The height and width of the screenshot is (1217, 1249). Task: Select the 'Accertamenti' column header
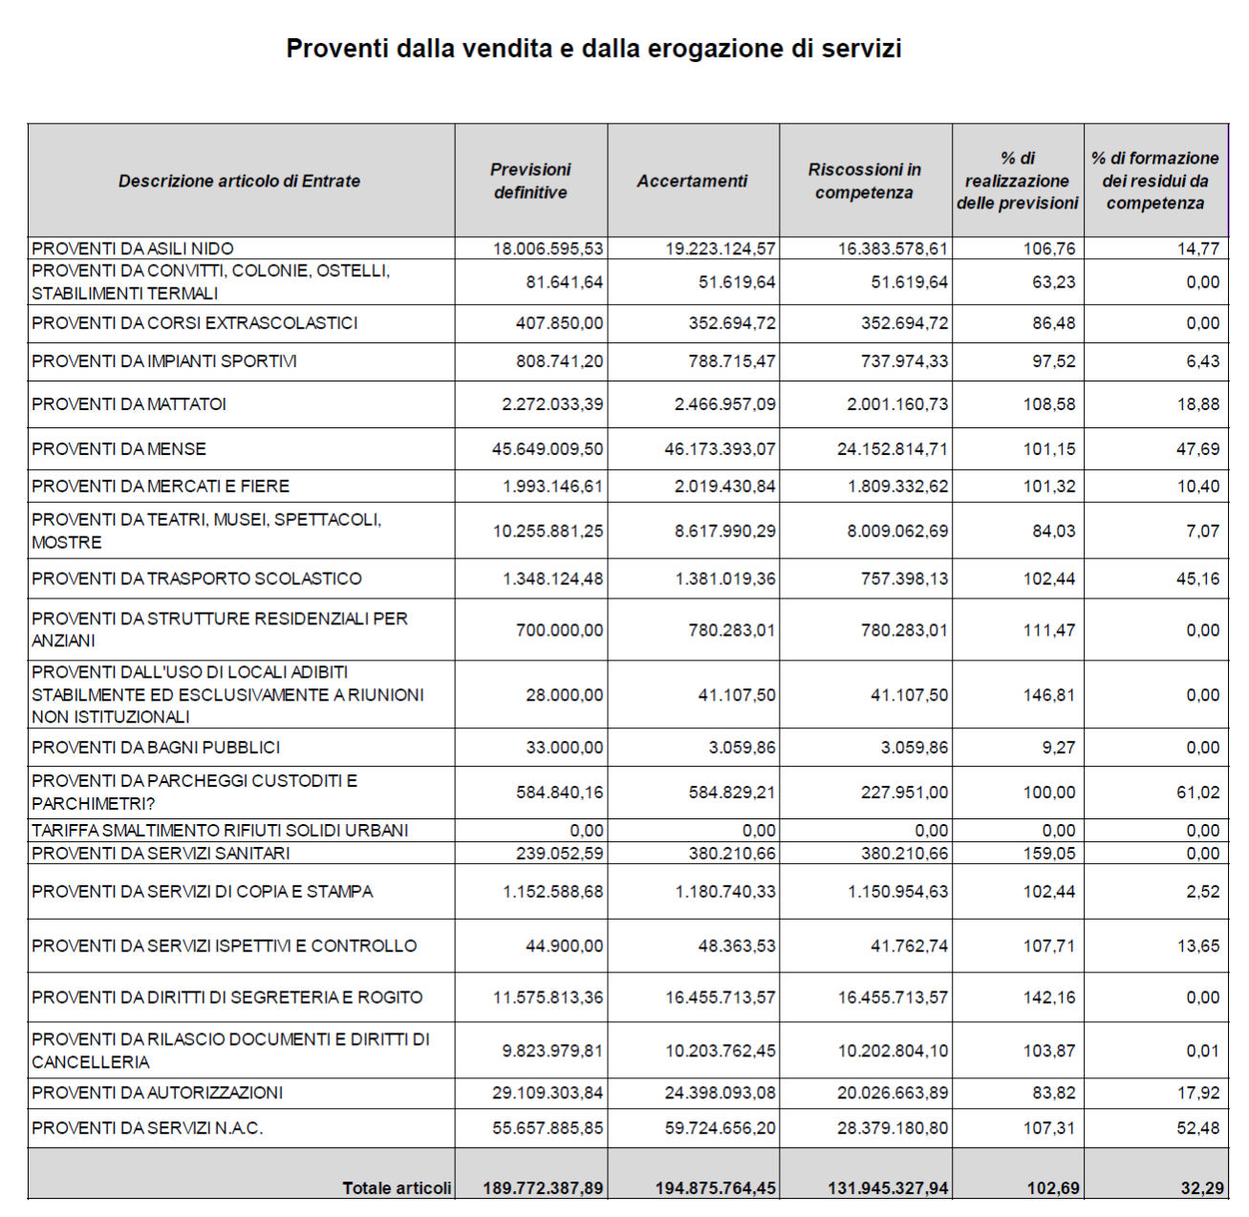tap(692, 181)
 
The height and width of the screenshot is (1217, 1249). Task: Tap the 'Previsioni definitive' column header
tap(530, 181)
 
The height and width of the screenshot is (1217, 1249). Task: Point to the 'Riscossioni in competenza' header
tap(864, 181)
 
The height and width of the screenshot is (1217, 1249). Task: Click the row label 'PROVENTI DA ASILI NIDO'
tap(133, 249)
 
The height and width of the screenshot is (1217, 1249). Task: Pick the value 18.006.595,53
tap(549, 249)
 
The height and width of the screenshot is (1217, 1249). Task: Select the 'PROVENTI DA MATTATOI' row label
tap(129, 404)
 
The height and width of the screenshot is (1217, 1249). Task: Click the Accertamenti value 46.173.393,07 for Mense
tap(721, 449)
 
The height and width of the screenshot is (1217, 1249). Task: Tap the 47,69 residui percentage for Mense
tap(1198, 449)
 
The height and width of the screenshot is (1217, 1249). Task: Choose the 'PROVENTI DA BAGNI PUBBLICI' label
tap(156, 748)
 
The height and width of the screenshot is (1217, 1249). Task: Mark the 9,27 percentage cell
tap(1059, 748)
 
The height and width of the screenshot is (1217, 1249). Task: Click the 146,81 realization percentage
tap(1049, 695)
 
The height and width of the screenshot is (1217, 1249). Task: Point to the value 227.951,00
tap(904, 792)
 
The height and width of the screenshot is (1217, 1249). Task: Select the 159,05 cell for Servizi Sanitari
tap(1049, 854)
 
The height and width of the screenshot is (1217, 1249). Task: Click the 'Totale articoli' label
tap(397, 1188)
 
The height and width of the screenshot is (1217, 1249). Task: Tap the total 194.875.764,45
tap(716, 1188)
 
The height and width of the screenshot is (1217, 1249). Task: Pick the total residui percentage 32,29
tap(1202, 1188)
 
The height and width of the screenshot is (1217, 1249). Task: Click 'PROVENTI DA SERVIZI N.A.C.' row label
tap(147, 1128)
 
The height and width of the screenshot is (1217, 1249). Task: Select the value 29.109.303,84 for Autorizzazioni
tap(549, 1093)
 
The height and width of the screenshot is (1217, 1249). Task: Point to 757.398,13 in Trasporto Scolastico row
tap(904, 578)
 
